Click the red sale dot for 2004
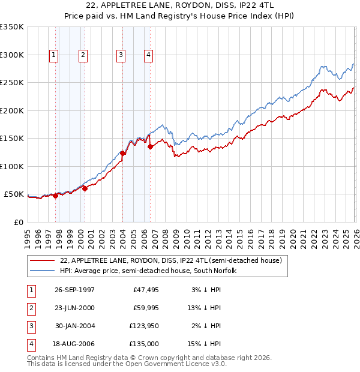(x=122, y=153)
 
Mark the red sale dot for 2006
(x=150, y=146)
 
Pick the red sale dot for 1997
(x=55, y=196)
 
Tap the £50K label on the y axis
(x=14, y=194)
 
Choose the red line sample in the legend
(x=42, y=260)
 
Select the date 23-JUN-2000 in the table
(x=74, y=308)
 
